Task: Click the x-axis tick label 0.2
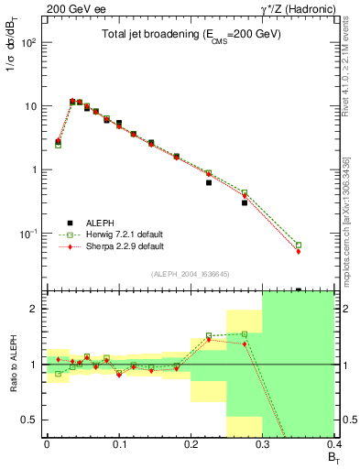[x=191, y=442]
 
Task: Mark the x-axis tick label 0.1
[x=118, y=442]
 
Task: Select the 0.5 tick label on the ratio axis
[x=30, y=420]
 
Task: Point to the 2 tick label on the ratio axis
[x=36, y=309]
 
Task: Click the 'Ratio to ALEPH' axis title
[x=12, y=364]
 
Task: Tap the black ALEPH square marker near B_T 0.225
[x=209, y=182]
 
